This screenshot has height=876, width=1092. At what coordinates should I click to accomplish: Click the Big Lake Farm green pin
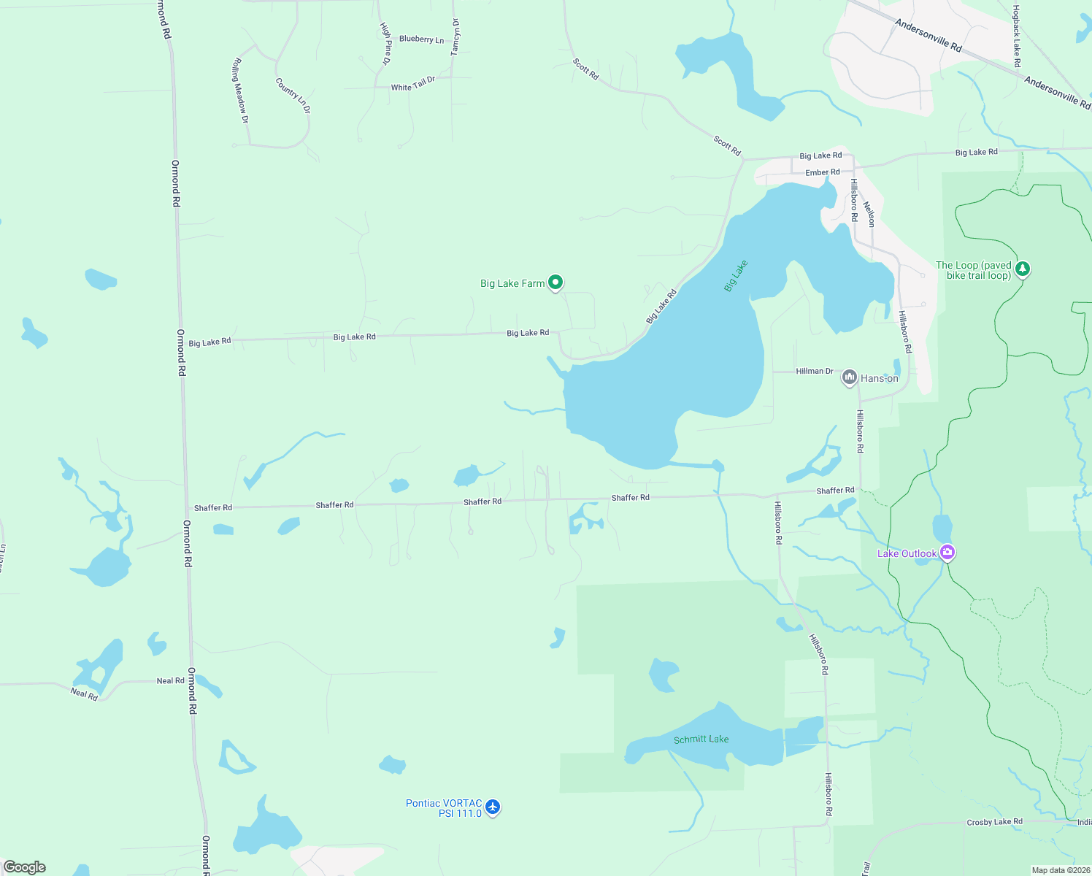pyautogui.click(x=555, y=283)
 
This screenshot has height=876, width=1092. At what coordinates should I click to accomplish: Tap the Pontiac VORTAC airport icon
pyautogui.click(x=493, y=807)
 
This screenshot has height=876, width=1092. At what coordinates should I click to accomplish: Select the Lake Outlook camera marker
pyautogui.click(x=947, y=553)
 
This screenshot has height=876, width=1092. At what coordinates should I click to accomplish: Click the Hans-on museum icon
pyautogui.click(x=849, y=377)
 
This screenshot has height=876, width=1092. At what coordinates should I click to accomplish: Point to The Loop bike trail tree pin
pyautogui.click(x=1023, y=269)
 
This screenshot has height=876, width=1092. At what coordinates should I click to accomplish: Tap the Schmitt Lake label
pyautogui.click(x=701, y=739)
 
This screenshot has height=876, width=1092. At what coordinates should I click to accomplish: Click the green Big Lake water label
pyautogui.click(x=736, y=276)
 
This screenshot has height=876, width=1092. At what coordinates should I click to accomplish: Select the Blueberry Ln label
pyautogui.click(x=421, y=39)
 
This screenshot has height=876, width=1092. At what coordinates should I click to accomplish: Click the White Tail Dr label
pyautogui.click(x=412, y=84)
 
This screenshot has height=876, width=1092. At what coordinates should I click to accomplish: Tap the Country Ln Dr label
pyautogui.click(x=293, y=96)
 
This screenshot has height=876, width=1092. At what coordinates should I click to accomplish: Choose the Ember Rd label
pyautogui.click(x=822, y=172)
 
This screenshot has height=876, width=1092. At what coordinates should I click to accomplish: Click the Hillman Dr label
pyautogui.click(x=815, y=371)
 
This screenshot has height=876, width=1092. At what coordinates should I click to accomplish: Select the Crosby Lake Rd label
pyautogui.click(x=994, y=822)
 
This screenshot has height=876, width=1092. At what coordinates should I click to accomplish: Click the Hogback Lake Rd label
pyautogui.click(x=1016, y=36)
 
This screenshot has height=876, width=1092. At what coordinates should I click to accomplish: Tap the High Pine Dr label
pyautogui.click(x=386, y=43)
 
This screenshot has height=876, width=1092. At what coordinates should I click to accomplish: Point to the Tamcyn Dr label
pyautogui.click(x=455, y=37)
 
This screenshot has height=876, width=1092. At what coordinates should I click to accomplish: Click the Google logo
pyautogui.click(x=25, y=867)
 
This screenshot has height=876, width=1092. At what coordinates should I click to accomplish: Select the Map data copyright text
pyautogui.click(x=1060, y=870)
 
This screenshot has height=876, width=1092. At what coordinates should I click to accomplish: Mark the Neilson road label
pyautogui.click(x=869, y=214)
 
